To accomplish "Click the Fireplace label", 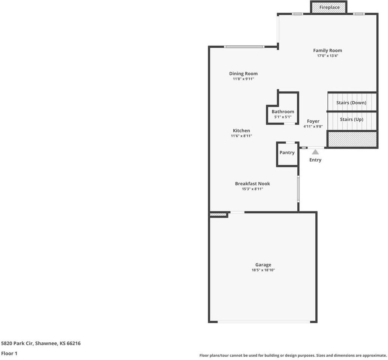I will [329, 7].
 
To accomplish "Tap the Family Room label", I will [327, 51].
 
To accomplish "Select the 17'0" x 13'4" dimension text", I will [327, 56].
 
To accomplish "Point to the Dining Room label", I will [243, 74].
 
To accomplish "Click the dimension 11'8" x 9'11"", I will [243, 79].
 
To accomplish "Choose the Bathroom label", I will [283, 112].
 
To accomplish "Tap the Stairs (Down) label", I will [351, 103].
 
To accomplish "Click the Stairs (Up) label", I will [351, 120].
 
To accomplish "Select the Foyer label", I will [313, 121].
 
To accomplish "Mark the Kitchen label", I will [241, 131].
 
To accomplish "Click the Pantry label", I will [287, 153].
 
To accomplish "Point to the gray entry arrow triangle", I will [315, 152].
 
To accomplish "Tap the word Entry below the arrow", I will [315, 160].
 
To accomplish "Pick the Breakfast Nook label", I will [252, 184].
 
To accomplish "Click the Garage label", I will [263, 265].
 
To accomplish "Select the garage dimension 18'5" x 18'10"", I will [263, 270].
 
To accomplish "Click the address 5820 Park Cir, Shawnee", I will [41, 343].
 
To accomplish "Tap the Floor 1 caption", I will [9, 353].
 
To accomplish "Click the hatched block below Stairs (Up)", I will [352, 139].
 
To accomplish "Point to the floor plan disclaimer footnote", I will [293, 355].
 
